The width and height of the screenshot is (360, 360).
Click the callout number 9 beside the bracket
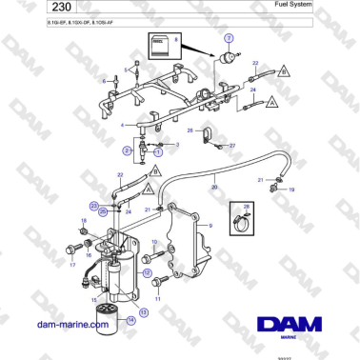click(x=210, y=225)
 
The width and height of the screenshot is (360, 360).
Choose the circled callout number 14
click(x=131, y=321)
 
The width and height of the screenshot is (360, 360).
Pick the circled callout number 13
click(x=144, y=311)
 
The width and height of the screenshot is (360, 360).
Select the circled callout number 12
click(x=147, y=272)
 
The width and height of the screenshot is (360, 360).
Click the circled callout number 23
click(x=94, y=205)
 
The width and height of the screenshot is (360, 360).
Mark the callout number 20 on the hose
click(x=214, y=189)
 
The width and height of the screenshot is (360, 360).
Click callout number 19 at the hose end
click(x=290, y=190)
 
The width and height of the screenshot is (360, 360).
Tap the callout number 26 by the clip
click(x=190, y=130)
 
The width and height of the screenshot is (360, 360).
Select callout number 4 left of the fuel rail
click(x=121, y=124)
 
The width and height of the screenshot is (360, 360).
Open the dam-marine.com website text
click(x=72, y=325)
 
